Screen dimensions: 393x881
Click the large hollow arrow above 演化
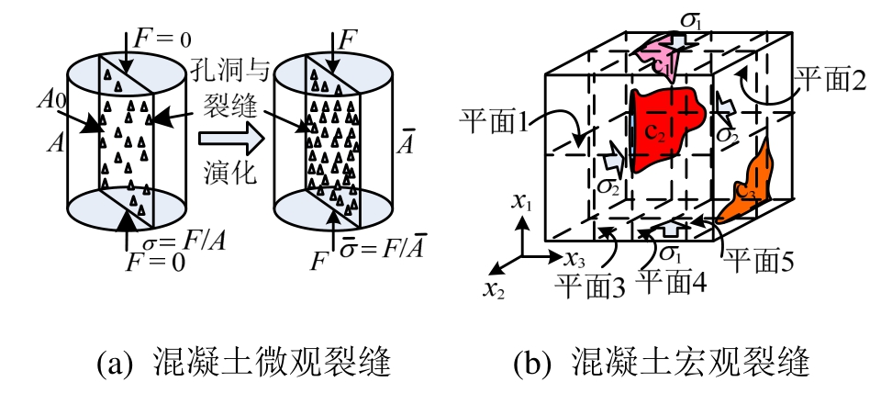point(226,138)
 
